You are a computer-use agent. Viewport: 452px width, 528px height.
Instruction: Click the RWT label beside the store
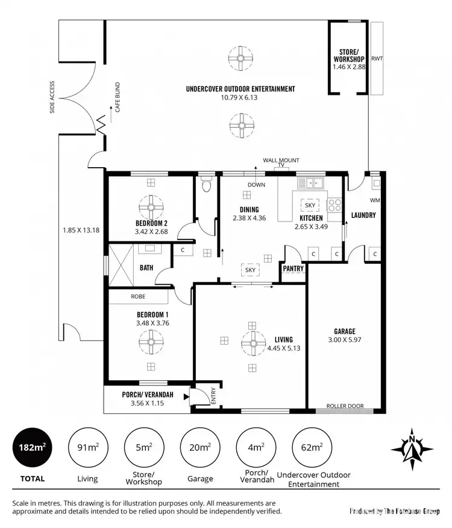pos(377,59)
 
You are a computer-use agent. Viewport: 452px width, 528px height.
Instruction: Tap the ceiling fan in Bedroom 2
pos(151,208)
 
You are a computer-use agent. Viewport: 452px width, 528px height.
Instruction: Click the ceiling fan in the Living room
pos(252,345)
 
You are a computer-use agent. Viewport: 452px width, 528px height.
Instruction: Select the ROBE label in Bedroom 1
pos(139,297)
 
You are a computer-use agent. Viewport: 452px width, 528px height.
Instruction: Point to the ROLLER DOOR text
pos(345,406)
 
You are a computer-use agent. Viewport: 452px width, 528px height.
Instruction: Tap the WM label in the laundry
pos(374,200)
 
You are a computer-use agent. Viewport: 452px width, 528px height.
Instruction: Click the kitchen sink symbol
pos(314,181)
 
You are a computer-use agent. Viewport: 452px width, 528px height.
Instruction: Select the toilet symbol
pos(207,184)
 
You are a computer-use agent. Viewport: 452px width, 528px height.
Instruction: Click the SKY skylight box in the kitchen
pos(310,205)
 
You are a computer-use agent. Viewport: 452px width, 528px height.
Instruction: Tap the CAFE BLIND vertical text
pos(118,98)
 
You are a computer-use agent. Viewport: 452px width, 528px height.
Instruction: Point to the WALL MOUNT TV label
pos(281,162)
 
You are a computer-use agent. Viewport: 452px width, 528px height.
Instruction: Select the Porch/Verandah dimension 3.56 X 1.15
pos(148,403)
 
